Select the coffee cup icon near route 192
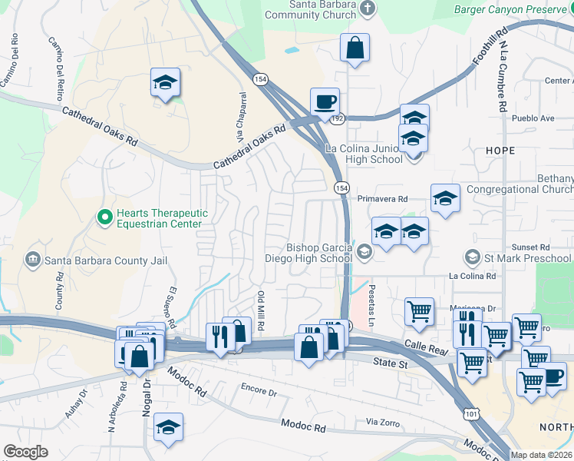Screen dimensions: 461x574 pyautogui.click(x=325, y=101)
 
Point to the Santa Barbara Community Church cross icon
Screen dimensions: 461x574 pyautogui.click(x=367, y=9)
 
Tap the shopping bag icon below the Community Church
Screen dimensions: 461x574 pyautogui.click(x=355, y=48)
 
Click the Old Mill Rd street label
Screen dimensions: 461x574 pyautogui.click(x=261, y=310)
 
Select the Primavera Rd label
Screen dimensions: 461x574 pyautogui.click(x=381, y=197)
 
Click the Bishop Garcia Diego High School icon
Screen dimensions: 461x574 pyautogui.click(x=364, y=250)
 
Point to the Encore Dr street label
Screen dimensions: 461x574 pyautogui.click(x=258, y=391)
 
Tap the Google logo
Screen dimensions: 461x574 pyautogui.click(x=25, y=452)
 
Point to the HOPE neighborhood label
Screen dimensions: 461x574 pyautogui.click(x=500, y=151)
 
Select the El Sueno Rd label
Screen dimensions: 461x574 pyautogui.click(x=172, y=306)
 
